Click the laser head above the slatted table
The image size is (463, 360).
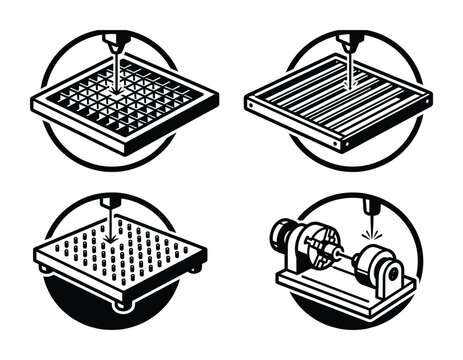coord(350,43)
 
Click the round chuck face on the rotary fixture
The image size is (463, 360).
coord(319,253)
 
